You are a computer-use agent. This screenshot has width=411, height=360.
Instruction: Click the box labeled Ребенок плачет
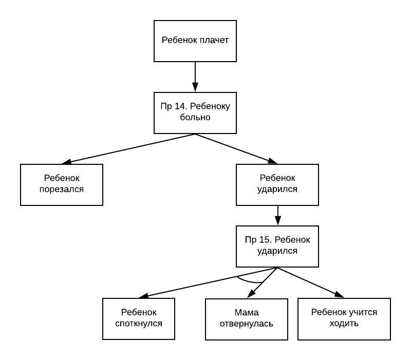[195, 41]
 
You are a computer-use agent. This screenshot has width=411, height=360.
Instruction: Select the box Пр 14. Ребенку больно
[195, 112]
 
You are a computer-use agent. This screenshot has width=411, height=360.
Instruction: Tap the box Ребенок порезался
[62, 184]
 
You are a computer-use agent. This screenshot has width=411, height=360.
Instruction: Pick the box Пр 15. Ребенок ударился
[277, 246]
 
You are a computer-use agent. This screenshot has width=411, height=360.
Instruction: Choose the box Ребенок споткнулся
[139, 318]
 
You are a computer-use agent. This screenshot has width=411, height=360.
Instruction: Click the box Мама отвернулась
[247, 319]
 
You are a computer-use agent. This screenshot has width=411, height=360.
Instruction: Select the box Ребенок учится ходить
[344, 318]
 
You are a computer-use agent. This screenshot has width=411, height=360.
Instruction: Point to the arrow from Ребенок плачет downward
[195, 77]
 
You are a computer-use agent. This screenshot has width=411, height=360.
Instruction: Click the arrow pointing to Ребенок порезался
[128, 148]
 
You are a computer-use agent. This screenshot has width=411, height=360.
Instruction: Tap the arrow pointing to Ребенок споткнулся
[206, 283]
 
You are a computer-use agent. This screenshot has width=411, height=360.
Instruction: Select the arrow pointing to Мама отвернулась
[263, 282]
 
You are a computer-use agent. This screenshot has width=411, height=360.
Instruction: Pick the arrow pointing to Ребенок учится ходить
[311, 283]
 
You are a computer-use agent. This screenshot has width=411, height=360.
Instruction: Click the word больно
[195, 118]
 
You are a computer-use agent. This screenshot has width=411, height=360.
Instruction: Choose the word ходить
[344, 324]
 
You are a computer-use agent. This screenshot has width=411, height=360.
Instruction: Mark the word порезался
[62, 190]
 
